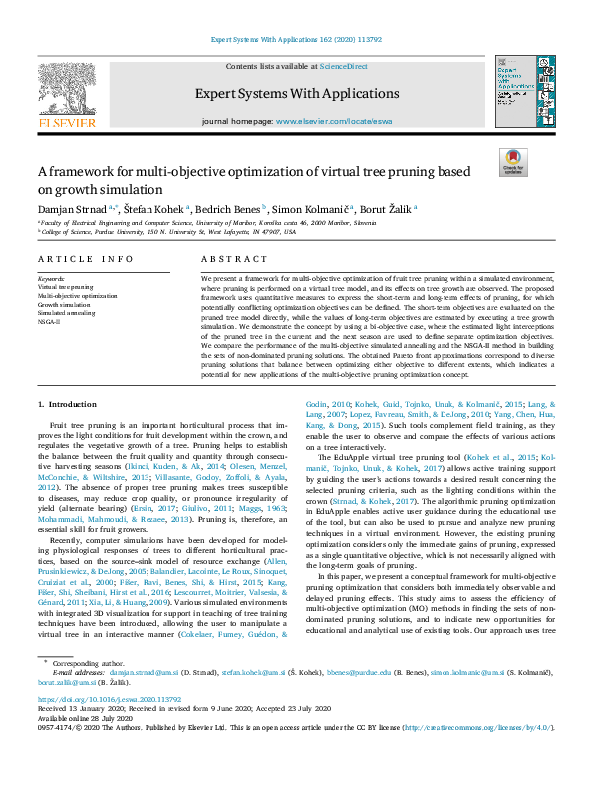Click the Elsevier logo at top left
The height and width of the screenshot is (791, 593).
tap(67, 97)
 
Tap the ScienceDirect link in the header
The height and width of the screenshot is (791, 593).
tap(342, 66)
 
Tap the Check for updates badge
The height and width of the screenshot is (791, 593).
tap(513, 162)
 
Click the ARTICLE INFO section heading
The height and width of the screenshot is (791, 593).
tap(85, 259)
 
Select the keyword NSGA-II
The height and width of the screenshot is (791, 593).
tap(50, 322)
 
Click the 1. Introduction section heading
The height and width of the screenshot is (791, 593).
tap(68, 404)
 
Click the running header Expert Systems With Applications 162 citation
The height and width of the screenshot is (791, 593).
tap(296, 42)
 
